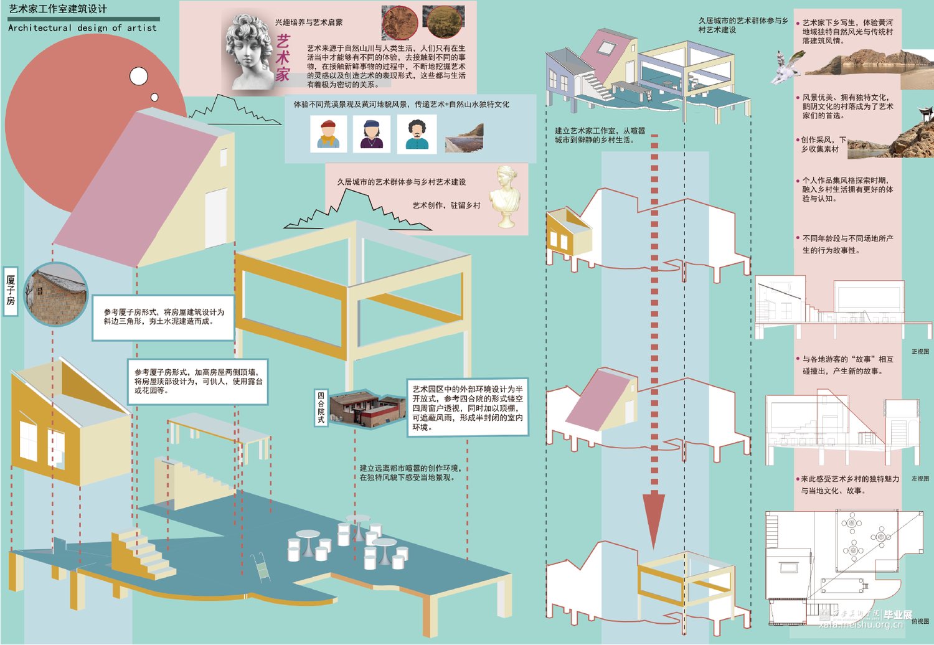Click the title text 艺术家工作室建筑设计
tap(57, 9)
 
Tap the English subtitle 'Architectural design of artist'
tap(82, 28)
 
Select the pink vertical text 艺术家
tap(283, 58)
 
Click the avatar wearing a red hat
tap(328, 134)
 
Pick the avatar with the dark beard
tap(417, 134)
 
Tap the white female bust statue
tap(506, 196)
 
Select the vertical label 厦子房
tap(11, 291)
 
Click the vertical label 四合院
tap(321, 408)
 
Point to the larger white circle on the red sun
tap(139, 77)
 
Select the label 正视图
tap(920, 352)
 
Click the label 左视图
tap(920, 479)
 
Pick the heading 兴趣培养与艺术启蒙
tap(309, 22)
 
